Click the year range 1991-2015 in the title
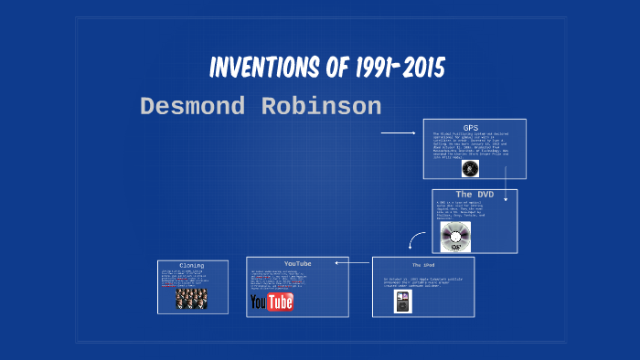392,69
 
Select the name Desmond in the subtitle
193,107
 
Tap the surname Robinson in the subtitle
320,107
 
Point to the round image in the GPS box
470,168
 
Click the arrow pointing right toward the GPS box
398,133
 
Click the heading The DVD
475,195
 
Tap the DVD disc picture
455,237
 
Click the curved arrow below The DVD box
417,240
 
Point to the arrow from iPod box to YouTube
352,263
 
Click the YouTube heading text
297,263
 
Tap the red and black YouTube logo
272,302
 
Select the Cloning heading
192,266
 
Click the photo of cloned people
191,298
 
